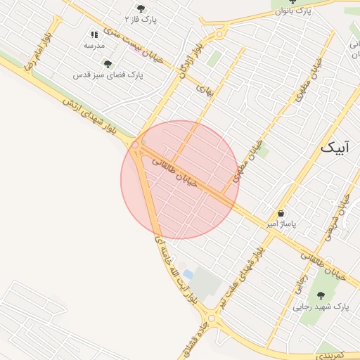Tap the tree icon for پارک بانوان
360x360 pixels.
[x=293, y=2]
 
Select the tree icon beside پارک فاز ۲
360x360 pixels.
[x=141, y=8]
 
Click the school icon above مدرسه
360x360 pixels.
[x=94, y=34]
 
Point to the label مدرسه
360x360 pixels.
[x=94, y=45]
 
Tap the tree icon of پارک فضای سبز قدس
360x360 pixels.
[x=108, y=64]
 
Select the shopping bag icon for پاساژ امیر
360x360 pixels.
[x=281, y=213]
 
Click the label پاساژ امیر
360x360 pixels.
[x=281, y=224]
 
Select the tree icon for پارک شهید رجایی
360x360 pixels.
[x=321, y=296]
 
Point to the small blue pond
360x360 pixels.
[x=187, y=274]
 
